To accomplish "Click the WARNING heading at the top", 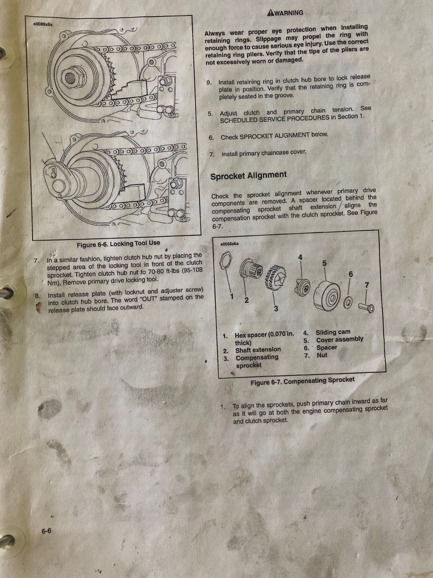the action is (x=285, y=13).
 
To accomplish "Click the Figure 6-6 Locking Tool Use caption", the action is (x=118, y=244).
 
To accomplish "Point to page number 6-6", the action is (x=46, y=531).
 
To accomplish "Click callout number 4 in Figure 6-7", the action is (x=300, y=257).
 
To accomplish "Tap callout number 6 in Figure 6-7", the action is (x=351, y=274).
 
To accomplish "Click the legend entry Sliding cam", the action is (x=333, y=332).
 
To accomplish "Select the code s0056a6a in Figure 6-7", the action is (x=229, y=244).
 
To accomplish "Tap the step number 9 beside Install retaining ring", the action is (x=209, y=83).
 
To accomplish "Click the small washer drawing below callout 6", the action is (x=348, y=302).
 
